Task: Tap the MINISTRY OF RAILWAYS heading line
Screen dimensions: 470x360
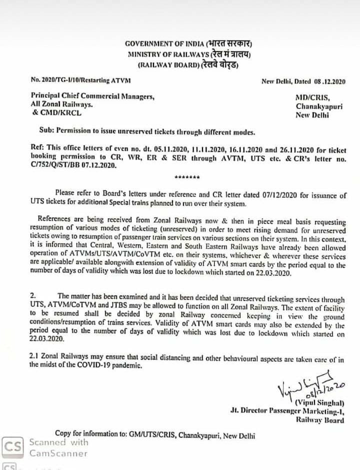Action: tap(188, 54)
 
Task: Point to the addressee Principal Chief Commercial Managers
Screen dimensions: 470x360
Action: tap(92, 96)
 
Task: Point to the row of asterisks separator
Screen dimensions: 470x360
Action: tap(187, 178)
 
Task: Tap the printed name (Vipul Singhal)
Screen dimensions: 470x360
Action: tap(319, 402)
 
